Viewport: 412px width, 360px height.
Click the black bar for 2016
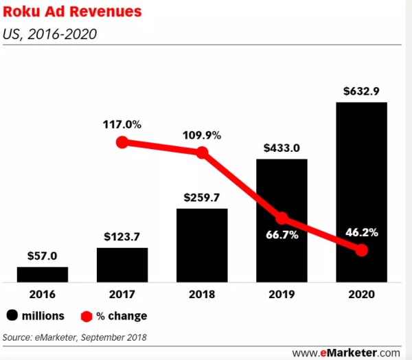tap(43, 273)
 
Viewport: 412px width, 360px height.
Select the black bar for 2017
tap(122, 264)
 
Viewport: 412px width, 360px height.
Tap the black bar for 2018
tap(202, 245)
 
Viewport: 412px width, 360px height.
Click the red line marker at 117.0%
tap(122, 143)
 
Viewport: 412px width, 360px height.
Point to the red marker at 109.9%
tap(202, 153)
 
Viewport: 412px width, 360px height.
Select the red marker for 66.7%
tap(282, 219)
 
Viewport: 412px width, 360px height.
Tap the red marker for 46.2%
tap(361, 250)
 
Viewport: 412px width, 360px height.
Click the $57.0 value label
tap(43, 256)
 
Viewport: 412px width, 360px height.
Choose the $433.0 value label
tap(282, 148)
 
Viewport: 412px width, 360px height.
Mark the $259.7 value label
tap(202, 197)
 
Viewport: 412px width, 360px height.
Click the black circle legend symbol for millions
tap(14, 316)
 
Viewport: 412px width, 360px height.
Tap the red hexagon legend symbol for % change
tap(87, 316)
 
